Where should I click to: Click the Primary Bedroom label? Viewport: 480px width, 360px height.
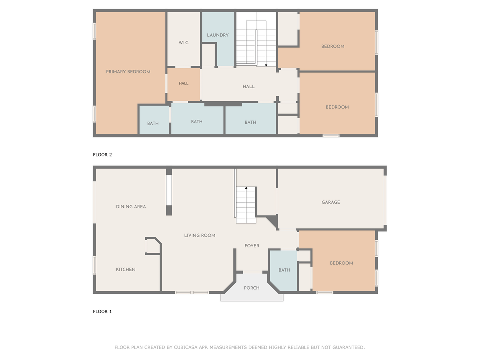128,72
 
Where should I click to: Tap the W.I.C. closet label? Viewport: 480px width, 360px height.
184,43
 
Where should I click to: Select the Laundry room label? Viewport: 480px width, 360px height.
218,35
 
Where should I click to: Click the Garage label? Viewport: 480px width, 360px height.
331,202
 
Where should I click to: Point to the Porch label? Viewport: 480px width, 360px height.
252,288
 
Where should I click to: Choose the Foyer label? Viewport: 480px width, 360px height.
252,246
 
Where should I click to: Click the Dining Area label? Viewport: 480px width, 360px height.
131,207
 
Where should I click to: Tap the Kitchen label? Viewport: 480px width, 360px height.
126,270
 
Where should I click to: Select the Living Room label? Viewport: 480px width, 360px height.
200,235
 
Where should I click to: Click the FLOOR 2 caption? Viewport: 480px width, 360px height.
102,155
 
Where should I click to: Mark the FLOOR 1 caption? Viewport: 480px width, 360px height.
102,312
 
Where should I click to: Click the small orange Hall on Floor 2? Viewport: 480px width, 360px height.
184,84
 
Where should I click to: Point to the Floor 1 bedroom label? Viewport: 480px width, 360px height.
341,263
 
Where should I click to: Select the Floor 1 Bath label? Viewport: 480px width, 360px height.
284,270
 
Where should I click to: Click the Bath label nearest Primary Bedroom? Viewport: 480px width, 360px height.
153,124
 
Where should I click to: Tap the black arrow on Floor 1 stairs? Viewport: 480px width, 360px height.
246,188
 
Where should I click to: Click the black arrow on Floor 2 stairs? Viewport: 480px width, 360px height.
266,64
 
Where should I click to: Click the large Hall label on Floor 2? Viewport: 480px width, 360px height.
249,87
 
